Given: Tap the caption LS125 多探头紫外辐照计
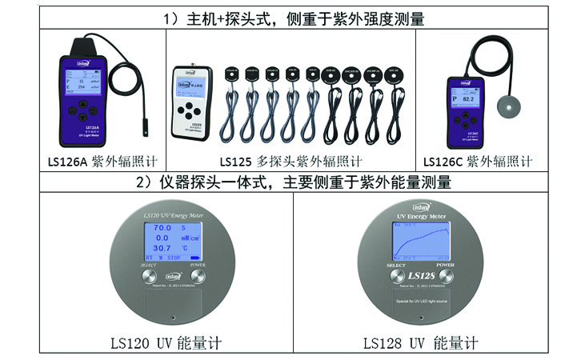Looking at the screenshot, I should click(290, 161).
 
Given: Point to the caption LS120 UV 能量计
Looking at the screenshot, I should click(166, 343).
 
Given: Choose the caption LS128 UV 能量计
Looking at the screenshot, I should click(420, 343).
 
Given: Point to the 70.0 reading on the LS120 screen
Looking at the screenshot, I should click(162, 228).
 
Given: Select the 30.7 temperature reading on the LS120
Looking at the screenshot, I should click(162, 248).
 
